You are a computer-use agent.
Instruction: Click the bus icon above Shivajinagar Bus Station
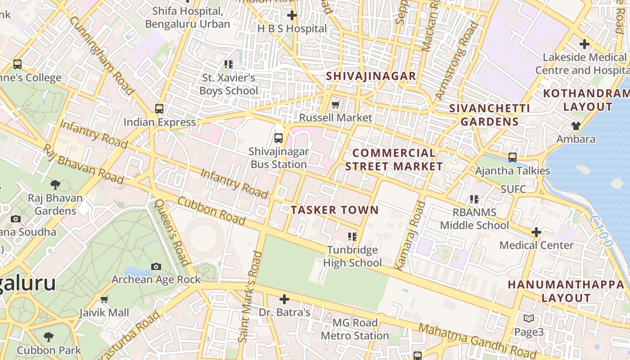(x=279, y=138)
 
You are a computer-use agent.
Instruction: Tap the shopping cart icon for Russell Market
(x=335, y=105)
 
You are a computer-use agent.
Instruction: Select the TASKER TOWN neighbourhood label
(x=334, y=210)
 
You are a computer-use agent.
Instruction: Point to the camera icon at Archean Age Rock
(x=156, y=266)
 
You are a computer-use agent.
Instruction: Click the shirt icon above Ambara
(x=576, y=126)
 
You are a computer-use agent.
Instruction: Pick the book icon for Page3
(x=529, y=319)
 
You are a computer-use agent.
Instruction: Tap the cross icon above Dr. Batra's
(x=284, y=299)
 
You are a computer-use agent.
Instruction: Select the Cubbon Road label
(x=211, y=211)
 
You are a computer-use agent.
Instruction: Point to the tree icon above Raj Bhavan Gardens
(x=55, y=184)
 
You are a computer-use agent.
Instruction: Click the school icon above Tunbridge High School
(x=352, y=236)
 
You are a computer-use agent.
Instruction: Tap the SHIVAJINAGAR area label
(x=371, y=76)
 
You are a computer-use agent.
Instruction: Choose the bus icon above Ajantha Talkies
(x=513, y=157)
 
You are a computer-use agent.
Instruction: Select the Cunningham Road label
(x=102, y=55)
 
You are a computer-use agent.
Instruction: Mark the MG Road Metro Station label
(x=355, y=329)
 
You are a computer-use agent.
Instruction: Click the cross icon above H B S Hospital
(x=292, y=15)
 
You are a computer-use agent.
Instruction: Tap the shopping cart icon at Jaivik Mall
(x=104, y=299)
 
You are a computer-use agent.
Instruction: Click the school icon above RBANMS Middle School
(x=474, y=199)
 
